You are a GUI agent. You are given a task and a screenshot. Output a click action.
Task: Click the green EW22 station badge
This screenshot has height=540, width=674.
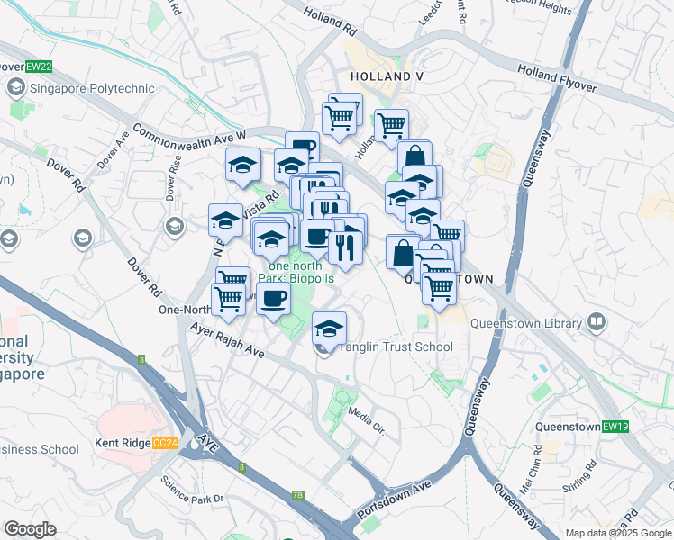coord(40,67)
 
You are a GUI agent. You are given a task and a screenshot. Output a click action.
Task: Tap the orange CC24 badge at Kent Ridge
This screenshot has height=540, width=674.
coord(165,443)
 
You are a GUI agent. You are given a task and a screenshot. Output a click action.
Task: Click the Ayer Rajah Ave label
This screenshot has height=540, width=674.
coord(226,340)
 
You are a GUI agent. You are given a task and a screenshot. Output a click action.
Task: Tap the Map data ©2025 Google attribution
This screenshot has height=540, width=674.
coord(617,533)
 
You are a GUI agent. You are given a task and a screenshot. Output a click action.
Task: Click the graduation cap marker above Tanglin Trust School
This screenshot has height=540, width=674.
coord(330,328)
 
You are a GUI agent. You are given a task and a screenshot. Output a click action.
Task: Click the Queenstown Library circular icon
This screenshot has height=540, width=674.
coord(596,321)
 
